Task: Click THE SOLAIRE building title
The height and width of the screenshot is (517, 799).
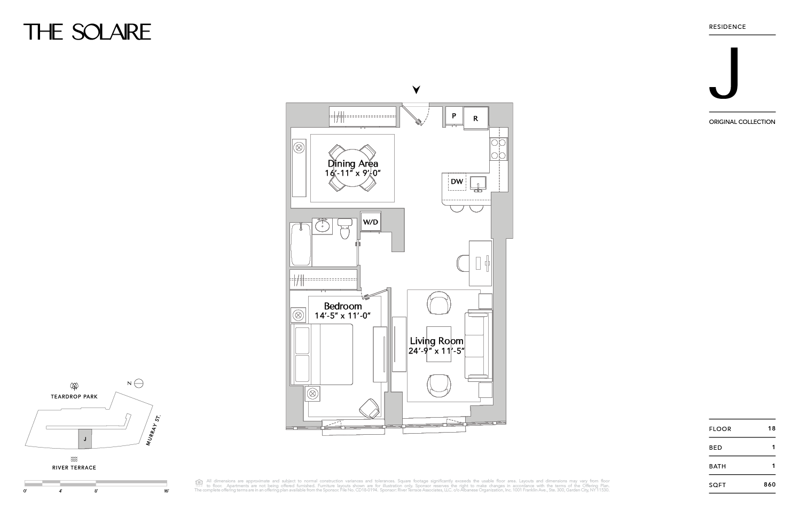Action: click(88, 32)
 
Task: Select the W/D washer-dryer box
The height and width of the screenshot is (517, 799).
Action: click(371, 221)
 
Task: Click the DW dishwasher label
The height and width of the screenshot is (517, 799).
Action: click(457, 182)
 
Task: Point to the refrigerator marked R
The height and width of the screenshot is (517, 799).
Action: click(475, 118)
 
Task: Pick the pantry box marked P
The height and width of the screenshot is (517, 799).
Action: click(454, 116)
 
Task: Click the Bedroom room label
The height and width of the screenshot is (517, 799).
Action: click(343, 306)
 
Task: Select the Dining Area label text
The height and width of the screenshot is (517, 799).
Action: click(353, 164)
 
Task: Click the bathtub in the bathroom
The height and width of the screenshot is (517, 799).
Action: click(301, 244)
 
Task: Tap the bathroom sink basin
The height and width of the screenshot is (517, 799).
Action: click(322, 226)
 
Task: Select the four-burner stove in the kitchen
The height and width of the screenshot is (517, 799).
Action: click(498, 149)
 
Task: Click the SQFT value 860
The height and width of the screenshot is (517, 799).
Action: click(769, 484)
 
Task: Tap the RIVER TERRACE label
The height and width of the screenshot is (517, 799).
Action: click(74, 467)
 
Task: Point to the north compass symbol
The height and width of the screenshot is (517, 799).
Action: click(139, 383)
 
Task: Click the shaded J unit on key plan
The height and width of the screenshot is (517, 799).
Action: click(85, 439)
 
